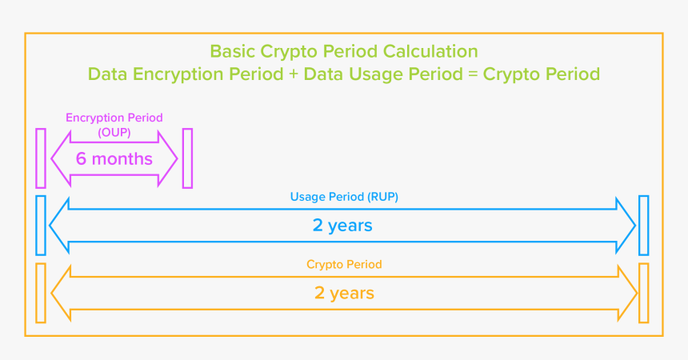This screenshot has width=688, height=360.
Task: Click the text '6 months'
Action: click(x=114, y=159)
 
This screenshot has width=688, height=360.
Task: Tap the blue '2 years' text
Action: click(x=342, y=226)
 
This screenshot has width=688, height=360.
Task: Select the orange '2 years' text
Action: click(x=344, y=294)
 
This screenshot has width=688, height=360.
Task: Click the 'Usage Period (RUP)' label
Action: click(x=344, y=197)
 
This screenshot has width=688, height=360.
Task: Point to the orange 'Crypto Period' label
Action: click(x=344, y=265)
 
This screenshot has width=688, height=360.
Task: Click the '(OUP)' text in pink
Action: click(x=114, y=132)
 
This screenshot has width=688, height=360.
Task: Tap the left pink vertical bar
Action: click(x=41, y=158)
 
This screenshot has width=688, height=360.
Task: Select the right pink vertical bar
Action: click(x=187, y=158)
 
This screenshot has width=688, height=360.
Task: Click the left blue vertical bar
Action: click(x=41, y=226)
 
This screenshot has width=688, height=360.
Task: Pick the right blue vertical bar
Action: click(x=644, y=226)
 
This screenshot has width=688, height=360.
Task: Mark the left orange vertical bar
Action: click(x=41, y=294)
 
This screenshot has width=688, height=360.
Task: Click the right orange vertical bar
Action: click(x=644, y=294)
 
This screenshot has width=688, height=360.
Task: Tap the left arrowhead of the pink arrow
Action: click(x=61, y=158)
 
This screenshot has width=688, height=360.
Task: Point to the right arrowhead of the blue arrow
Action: click(x=626, y=226)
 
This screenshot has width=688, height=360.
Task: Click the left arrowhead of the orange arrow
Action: click(x=61, y=294)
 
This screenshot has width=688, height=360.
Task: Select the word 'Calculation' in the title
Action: click(x=430, y=51)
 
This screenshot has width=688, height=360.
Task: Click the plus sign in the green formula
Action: click(x=294, y=74)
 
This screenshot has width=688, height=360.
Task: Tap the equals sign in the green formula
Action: click(x=473, y=74)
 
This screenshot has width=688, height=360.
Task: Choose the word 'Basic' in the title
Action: click(x=233, y=51)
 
